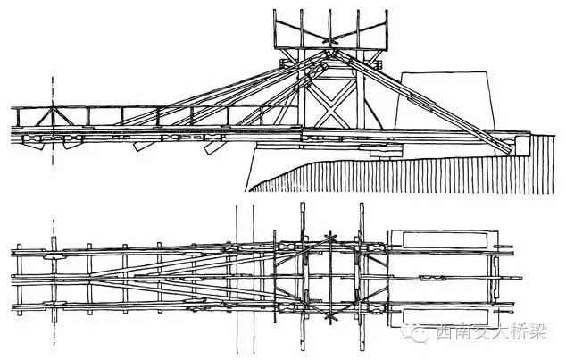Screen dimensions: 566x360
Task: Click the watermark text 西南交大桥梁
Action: (x=487, y=336)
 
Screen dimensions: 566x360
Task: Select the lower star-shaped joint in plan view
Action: (x=331, y=315)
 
